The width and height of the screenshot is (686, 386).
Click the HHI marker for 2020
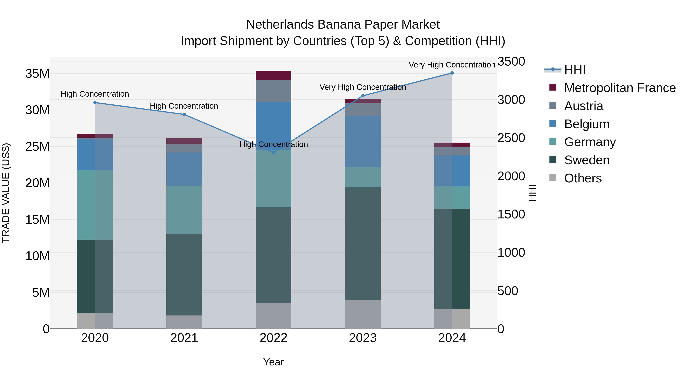pyautogui.click(x=95, y=103)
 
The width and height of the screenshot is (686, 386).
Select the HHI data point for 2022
pyautogui.click(x=273, y=152)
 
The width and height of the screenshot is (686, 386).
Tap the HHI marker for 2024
pyautogui.click(x=452, y=73)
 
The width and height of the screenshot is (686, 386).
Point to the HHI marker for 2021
pyautogui.click(x=184, y=115)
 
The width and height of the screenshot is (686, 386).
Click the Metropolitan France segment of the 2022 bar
pyautogui.click(x=273, y=75)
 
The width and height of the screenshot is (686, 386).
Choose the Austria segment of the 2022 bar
pyautogui.click(x=273, y=91)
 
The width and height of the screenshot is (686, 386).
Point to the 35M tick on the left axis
pyautogui.click(x=37, y=74)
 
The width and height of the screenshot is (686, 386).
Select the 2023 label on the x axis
pyautogui.click(x=362, y=338)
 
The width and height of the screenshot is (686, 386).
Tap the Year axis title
pyautogui.click(x=273, y=362)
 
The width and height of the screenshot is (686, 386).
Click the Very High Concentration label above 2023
pyautogui.click(x=362, y=87)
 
